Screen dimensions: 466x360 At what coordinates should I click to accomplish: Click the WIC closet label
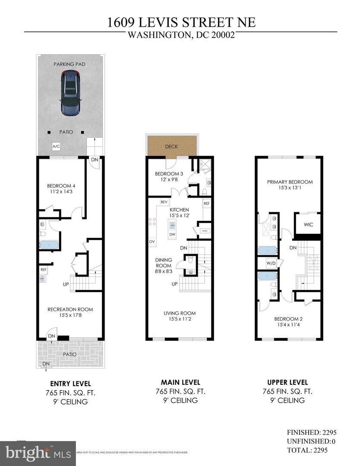pyautogui.click(x=308, y=224)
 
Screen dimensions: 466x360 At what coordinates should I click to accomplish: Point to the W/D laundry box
pyautogui.click(x=271, y=263)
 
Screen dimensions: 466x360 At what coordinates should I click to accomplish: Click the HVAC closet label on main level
pyautogui.click(x=204, y=230)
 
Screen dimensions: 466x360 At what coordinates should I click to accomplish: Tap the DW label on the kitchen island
pyautogui.click(x=172, y=234)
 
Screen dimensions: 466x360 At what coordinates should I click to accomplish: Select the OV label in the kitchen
pyautogui.click(x=152, y=241)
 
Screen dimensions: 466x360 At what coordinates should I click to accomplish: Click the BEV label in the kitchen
pyautogui.click(x=164, y=202)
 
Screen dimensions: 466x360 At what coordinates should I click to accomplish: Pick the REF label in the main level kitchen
pyautogui.click(x=206, y=203)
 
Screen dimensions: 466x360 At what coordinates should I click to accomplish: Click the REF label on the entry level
pyautogui.click(x=43, y=270)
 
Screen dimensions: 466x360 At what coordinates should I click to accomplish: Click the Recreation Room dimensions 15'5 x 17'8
pyautogui.click(x=70, y=316)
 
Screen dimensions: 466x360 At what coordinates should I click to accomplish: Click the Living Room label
pyautogui.click(x=179, y=313)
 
